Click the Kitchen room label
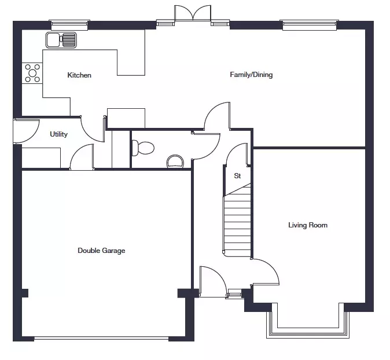click(x=79, y=75)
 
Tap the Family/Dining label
click(x=251, y=75)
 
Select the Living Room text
click(x=308, y=225)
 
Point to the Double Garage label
click(x=101, y=250)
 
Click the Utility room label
click(x=58, y=134)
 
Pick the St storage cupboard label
click(x=237, y=176)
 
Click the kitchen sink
click(x=61, y=40)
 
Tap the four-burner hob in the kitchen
click(x=32, y=73)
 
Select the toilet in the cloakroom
click(x=143, y=148)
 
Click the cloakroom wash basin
click(x=175, y=161)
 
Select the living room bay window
click(x=308, y=321)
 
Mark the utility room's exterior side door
click(x=27, y=131)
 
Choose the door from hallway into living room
click(x=266, y=271)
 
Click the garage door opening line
click(x=101, y=338)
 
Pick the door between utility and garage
click(x=82, y=157)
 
